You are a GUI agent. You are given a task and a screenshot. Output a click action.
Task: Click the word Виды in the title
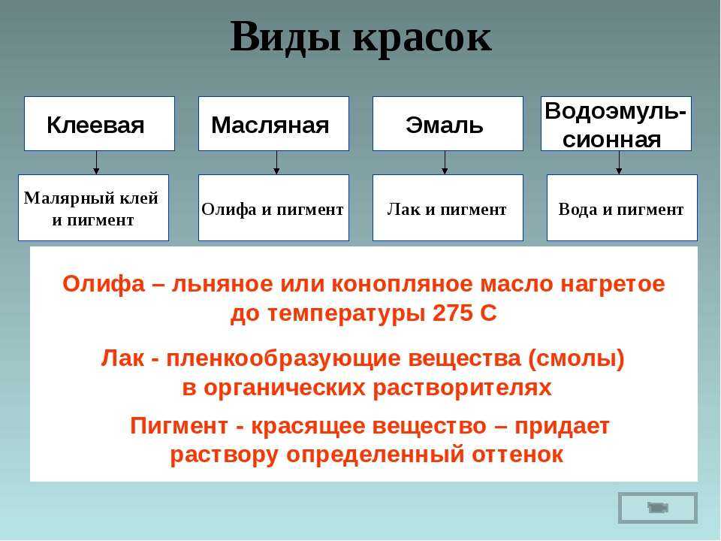click(x=285, y=38)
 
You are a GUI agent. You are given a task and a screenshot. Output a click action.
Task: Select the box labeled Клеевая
click(x=99, y=124)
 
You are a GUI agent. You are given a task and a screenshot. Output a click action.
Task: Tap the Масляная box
click(x=273, y=124)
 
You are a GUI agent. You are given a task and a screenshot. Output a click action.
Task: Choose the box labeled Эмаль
click(x=448, y=124)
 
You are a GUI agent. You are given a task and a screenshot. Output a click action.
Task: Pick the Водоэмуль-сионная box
click(x=616, y=124)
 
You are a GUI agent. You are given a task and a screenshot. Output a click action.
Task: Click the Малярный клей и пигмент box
click(x=93, y=207)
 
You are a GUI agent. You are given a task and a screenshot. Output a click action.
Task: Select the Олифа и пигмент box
click(x=273, y=207)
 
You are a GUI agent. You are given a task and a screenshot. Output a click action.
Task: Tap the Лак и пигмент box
click(x=448, y=207)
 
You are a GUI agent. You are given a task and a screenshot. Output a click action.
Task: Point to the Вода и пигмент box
click(x=622, y=207)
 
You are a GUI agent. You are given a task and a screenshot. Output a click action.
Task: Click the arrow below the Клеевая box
click(x=96, y=163)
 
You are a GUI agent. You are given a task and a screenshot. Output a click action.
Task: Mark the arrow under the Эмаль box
click(x=445, y=163)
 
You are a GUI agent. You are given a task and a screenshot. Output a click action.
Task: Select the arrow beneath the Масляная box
click(x=276, y=163)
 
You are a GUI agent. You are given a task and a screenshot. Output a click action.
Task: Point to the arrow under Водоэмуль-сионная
click(x=619, y=163)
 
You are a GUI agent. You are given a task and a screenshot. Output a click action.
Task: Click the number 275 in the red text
click(x=452, y=314)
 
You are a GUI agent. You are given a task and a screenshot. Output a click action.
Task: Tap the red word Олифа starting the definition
click(x=104, y=284)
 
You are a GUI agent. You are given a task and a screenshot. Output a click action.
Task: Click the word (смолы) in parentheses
click(x=577, y=359)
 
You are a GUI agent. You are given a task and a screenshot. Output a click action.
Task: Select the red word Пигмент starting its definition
click(x=179, y=425)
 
